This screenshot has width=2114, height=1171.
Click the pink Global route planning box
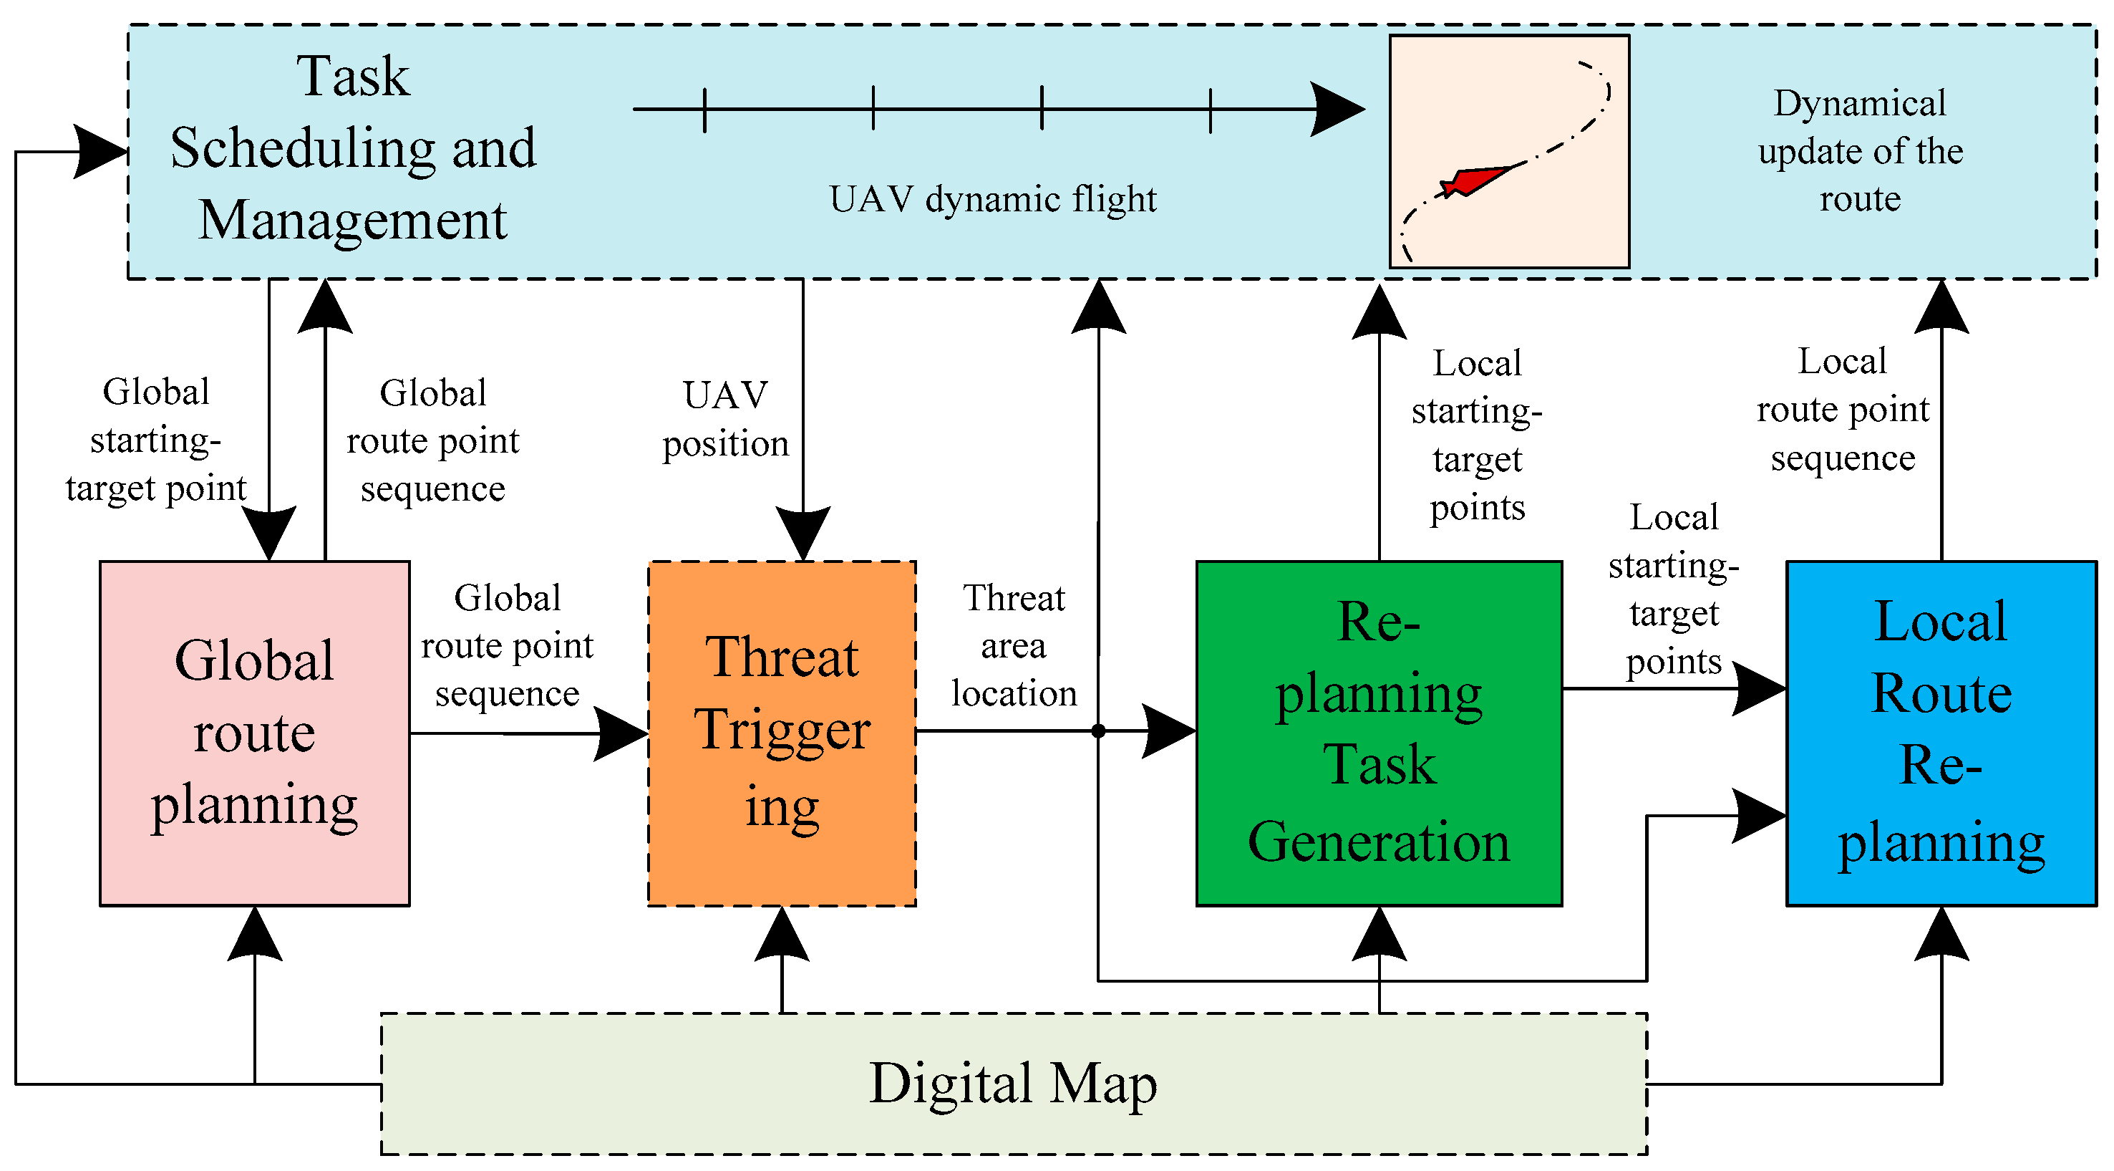coord(254,733)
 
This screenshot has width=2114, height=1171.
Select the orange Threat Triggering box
coord(781,733)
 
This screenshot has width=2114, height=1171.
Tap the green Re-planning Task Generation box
coord(1379,733)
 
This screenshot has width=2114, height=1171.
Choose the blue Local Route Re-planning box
coord(1941,733)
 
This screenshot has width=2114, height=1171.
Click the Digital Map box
coord(1014,1084)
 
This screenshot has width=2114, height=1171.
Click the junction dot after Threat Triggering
coord(1098,731)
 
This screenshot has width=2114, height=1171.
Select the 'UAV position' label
coord(725,420)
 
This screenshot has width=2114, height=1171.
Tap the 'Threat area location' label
coord(1014,645)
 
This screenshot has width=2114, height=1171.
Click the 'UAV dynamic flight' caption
coord(992,200)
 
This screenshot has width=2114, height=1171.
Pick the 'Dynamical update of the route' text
coord(1860,151)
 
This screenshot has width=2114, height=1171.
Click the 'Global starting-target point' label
coord(156,440)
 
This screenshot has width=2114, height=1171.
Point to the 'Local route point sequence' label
coord(1843,409)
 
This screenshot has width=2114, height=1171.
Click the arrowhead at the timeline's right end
coord(1338,108)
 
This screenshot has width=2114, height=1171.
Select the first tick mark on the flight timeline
coord(705,109)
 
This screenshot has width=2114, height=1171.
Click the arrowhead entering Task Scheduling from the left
coord(101,152)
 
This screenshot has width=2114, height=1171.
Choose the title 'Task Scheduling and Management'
coord(353,148)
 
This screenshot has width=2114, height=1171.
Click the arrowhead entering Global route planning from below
coord(256,935)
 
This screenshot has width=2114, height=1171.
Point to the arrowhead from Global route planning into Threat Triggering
coord(621,733)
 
